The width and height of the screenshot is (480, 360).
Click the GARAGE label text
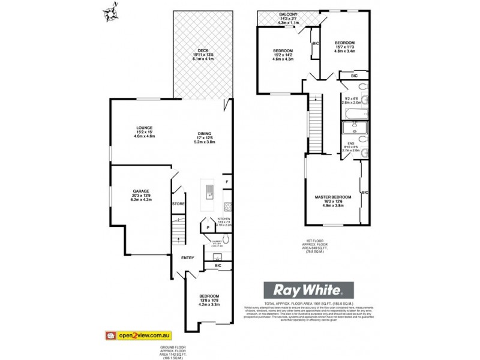click(x=141, y=191)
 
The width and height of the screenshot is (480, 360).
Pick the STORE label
click(x=178, y=205)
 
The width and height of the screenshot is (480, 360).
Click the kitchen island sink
click(x=209, y=193)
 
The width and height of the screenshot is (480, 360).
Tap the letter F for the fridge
click(x=227, y=182)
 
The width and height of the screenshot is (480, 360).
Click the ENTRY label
click(x=188, y=258)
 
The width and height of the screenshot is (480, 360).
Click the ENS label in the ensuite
click(x=350, y=143)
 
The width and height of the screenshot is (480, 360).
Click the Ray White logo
click(x=308, y=290)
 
